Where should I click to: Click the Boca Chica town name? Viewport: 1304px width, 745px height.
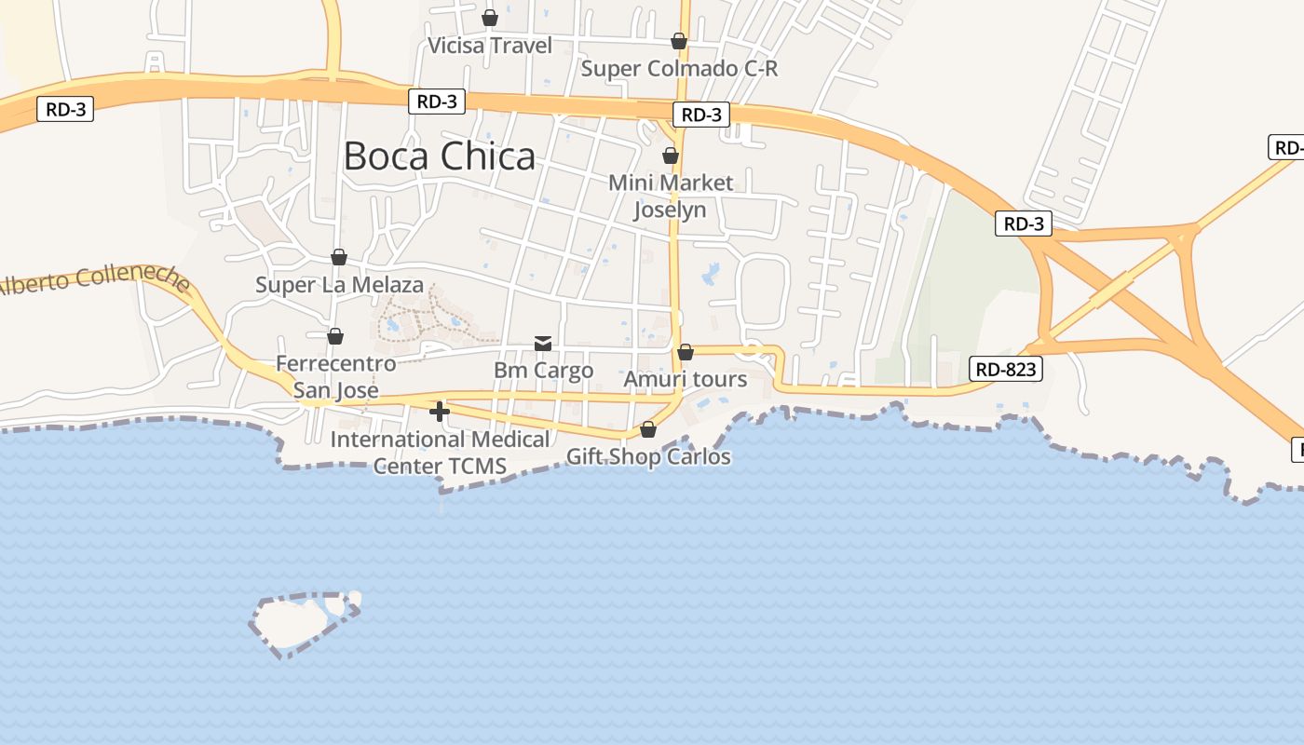(x=440, y=156)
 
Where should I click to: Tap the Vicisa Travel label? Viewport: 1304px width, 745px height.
(x=490, y=46)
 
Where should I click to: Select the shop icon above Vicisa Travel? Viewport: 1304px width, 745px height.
(x=490, y=18)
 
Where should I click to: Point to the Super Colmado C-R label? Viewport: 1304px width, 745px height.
(x=679, y=69)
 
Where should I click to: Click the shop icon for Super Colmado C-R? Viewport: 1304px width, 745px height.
(x=679, y=41)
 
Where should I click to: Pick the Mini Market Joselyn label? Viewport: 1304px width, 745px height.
(x=671, y=196)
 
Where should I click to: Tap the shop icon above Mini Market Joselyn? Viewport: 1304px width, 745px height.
(x=671, y=156)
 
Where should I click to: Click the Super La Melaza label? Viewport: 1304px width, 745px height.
(x=339, y=285)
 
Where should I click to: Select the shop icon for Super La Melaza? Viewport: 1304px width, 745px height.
(x=339, y=257)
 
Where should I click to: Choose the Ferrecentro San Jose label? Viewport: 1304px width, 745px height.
(x=336, y=376)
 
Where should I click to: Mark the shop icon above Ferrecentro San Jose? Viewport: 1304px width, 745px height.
(x=335, y=336)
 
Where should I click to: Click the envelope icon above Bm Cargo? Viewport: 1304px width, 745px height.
(x=543, y=344)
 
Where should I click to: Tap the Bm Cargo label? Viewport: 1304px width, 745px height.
(x=543, y=371)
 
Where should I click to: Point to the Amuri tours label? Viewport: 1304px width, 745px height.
(x=686, y=380)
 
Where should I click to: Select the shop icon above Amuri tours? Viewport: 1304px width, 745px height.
(x=686, y=352)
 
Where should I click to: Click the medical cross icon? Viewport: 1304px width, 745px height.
(x=440, y=411)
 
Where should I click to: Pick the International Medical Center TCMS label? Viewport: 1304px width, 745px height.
(x=440, y=452)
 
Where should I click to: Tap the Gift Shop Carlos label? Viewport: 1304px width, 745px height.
(x=648, y=457)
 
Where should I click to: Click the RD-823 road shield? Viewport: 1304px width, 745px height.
(x=1006, y=370)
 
